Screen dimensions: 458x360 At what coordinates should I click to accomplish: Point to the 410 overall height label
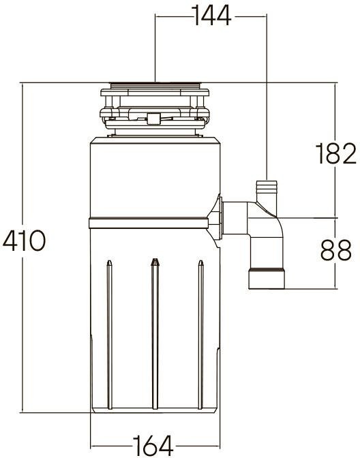(25, 241)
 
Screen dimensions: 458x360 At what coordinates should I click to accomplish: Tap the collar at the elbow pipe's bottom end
(268, 279)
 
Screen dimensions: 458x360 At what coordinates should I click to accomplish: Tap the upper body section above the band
(155, 177)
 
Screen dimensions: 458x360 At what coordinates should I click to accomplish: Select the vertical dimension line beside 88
(336, 273)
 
